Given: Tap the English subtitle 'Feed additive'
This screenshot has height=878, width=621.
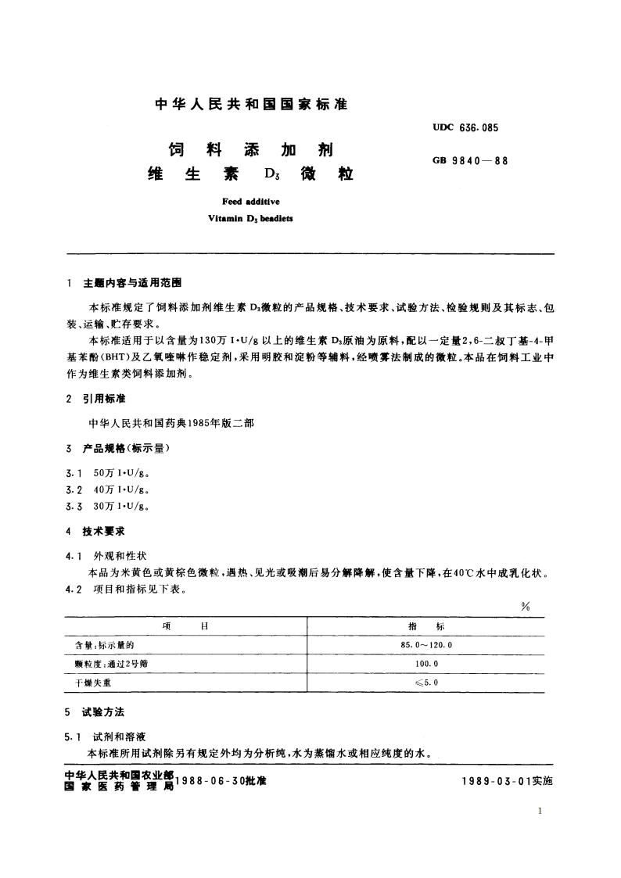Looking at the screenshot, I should click(x=246, y=202).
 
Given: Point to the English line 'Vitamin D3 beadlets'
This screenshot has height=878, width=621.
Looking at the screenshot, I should click(x=246, y=219).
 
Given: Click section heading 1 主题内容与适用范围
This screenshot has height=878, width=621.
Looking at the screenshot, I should click(x=130, y=282).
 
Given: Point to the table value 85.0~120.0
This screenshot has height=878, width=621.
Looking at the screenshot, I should click(x=426, y=645).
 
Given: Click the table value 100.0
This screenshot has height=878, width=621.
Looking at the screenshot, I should click(x=426, y=663).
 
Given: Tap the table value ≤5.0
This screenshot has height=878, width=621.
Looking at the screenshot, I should click(x=426, y=682).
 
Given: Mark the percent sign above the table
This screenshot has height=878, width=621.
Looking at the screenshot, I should click(x=525, y=607).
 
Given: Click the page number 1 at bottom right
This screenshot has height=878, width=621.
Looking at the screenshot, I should click(x=541, y=813).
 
